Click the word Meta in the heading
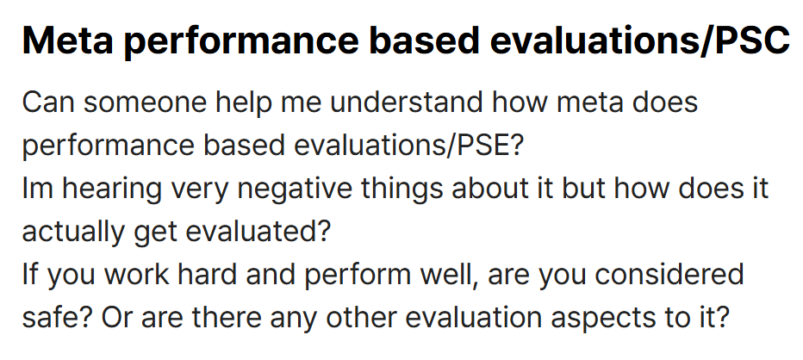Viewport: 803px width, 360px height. pyautogui.click(x=67, y=40)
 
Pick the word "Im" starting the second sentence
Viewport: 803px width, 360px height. pyautogui.click(x=39, y=189)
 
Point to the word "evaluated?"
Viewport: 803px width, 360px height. pyautogui.click(x=258, y=232)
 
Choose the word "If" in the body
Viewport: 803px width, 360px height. pyautogui.click(x=30, y=275)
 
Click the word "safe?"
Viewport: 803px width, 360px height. pyautogui.click(x=58, y=318)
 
